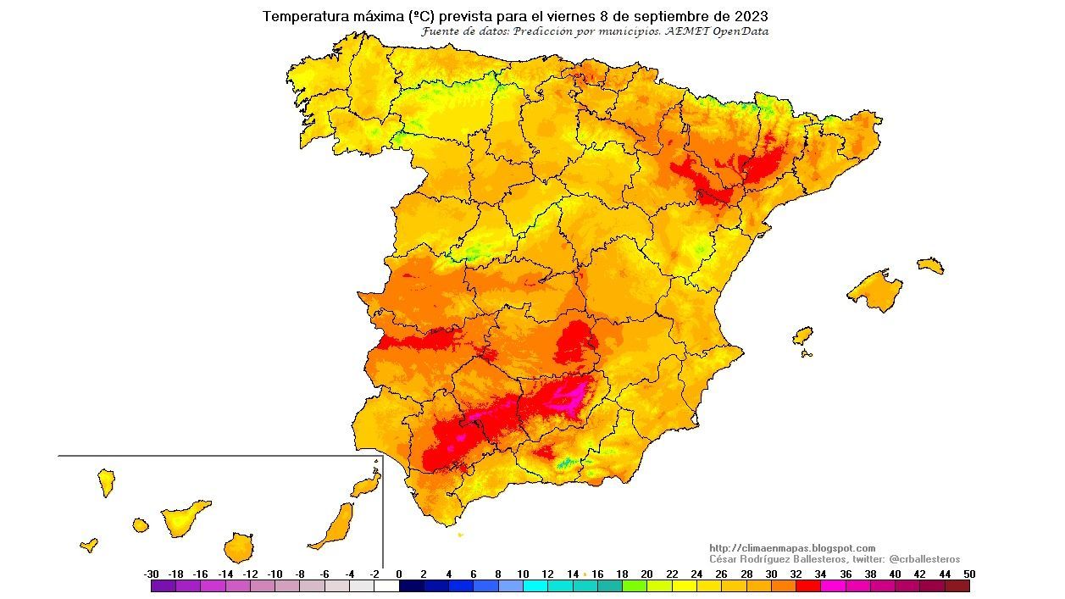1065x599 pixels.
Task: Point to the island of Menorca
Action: (930, 264)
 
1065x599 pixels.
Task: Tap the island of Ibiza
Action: (802, 336)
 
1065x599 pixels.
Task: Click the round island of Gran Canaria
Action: (239, 547)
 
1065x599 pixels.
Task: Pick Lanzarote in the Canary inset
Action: (365, 484)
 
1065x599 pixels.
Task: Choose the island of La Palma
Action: (107, 483)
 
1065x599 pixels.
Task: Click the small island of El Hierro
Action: (89, 545)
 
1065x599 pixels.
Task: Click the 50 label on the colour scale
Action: (969, 574)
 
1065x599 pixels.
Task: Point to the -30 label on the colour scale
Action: (152, 574)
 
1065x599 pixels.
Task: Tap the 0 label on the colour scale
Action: (399, 574)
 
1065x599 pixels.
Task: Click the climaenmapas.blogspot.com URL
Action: (792, 548)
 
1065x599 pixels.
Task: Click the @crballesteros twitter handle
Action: (924, 559)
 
